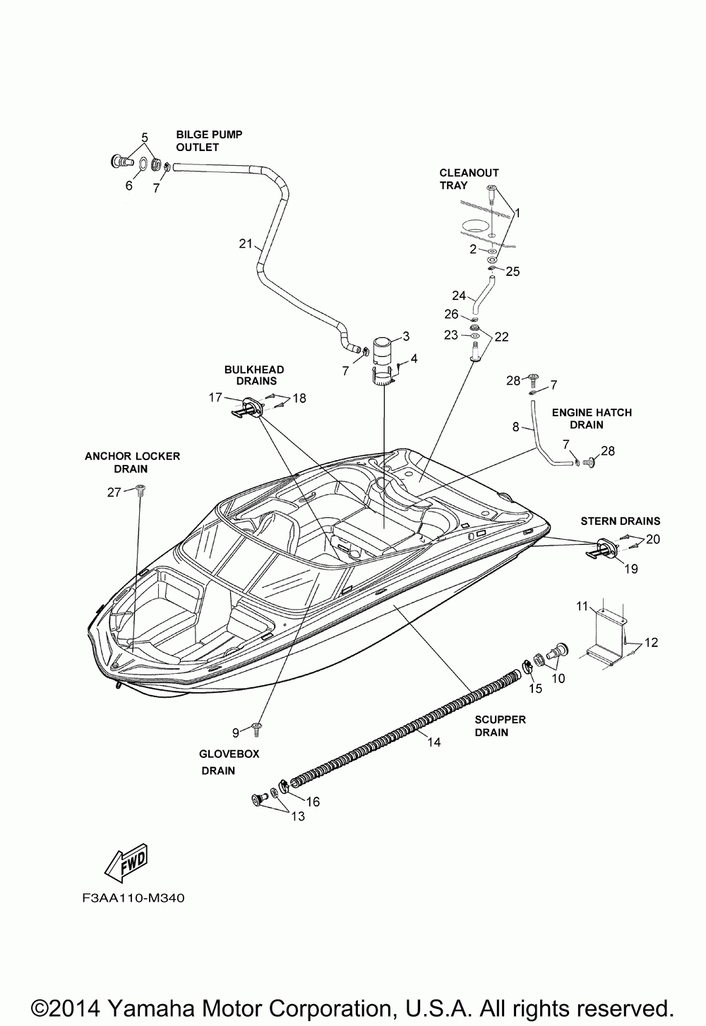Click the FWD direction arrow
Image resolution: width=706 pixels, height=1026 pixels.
click(x=128, y=862)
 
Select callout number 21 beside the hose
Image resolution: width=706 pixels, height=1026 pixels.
click(x=245, y=244)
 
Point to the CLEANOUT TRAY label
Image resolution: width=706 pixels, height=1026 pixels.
click(x=469, y=179)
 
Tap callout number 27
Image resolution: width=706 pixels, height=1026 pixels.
click(x=115, y=493)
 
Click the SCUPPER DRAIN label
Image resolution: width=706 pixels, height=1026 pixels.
click(x=500, y=725)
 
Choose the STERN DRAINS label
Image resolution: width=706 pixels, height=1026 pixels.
click(x=620, y=521)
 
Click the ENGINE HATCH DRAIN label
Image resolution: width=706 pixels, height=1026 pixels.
click(x=592, y=418)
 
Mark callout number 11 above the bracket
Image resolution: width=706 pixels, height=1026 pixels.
click(x=582, y=605)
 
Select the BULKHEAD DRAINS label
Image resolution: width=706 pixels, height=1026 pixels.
click(x=254, y=375)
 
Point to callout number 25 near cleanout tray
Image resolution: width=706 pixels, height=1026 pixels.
click(x=513, y=271)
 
